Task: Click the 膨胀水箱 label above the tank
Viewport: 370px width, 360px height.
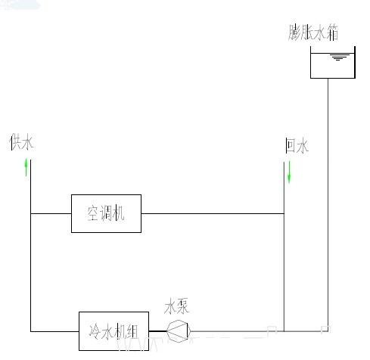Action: click(313, 33)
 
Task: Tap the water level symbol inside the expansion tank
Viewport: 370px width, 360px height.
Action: click(338, 57)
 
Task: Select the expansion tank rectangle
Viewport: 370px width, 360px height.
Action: click(333, 62)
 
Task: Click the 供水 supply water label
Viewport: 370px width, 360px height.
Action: click(21, 142)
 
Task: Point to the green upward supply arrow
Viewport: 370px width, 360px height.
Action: click(26, 167)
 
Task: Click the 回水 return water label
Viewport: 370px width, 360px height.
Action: click(297, 145)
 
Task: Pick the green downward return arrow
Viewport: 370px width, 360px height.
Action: click(289, 172)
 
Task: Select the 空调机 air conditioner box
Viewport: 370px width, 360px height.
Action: click(106, 213)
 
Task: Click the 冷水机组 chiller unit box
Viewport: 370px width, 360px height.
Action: click(113, 331)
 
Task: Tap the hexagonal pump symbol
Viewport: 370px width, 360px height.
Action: click(179, 331)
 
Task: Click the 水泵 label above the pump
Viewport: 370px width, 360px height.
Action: click(176, 306)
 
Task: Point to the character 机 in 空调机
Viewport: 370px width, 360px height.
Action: click(118, 213)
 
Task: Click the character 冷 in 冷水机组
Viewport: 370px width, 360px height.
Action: click(95, 331)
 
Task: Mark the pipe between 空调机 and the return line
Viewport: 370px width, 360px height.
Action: click(213, 213)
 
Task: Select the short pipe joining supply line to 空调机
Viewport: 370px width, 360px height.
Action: click(51, 213)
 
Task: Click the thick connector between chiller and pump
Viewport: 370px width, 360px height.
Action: click(157, 331)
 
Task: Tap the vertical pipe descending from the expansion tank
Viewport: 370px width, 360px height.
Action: click(328, 205)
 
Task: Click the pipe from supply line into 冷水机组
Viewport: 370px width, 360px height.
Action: click(54, 331)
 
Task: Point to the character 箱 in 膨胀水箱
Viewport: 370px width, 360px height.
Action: click(332, 33)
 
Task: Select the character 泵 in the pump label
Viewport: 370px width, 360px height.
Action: click(182, 306)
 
